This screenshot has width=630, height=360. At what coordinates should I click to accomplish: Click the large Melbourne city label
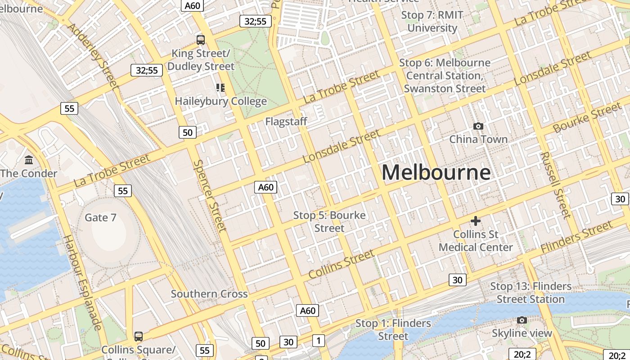[436, 173]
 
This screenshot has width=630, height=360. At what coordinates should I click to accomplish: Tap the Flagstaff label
[286, 121]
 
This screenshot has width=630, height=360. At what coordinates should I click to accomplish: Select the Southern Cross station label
[209, 294]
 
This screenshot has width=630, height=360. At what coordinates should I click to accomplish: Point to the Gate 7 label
[101, 218]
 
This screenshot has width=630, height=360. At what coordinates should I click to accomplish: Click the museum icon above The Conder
[29, 160]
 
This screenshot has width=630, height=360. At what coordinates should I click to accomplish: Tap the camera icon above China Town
[478, 126]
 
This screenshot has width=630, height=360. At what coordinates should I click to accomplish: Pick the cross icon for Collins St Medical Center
[476, 221]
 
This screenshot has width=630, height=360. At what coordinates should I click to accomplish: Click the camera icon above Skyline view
[522, 320]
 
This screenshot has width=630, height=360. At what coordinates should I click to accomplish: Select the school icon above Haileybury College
[220, 87]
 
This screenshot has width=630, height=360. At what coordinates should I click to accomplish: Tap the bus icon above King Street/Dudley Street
[201, 40]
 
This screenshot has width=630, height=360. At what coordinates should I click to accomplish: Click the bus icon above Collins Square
[139, 336]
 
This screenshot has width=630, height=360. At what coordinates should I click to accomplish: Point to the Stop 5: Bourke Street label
[329, 222]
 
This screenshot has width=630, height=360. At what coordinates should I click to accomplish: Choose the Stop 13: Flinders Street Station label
[531, 292]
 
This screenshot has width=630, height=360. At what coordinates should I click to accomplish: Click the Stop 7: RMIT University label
[432, 22]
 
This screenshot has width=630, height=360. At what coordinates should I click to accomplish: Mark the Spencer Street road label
[210, 196]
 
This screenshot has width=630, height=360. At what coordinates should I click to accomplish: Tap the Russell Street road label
[555, 184]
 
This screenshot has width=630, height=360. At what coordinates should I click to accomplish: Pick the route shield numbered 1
[319, 341]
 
